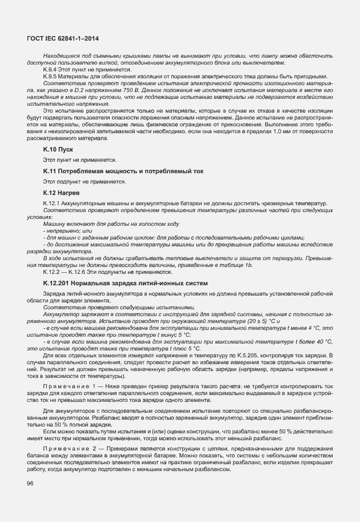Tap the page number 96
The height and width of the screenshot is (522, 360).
pos(30,484)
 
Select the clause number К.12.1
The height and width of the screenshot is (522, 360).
pos(51,204)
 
